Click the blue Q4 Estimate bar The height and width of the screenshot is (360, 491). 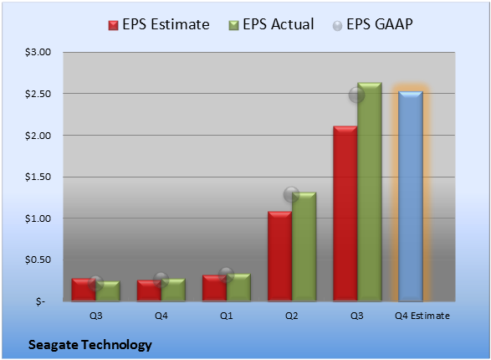tap(411, 196)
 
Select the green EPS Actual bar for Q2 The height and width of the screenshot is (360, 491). tap(304, 247)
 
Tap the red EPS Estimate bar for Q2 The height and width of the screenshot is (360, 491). tap(279, 256)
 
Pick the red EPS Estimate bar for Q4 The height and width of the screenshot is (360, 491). tap(149, 291)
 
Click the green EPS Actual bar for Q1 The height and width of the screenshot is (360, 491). tap(238, 287)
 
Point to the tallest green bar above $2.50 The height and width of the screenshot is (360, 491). tap(370, 192)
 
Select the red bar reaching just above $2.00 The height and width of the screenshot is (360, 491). tap(345, 213)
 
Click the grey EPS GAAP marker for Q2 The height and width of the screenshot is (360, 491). tap(292, 194)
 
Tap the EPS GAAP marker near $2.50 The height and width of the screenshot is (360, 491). tap(356, 95)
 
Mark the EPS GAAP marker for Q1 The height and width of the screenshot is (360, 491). tap(226, 275)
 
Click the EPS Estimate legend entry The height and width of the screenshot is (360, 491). tap(159, 24)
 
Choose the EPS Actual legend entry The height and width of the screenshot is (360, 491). tap(271, 24)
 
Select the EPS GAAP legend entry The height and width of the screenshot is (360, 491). tap(372, 24)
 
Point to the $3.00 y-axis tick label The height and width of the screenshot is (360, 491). tap(38, 52)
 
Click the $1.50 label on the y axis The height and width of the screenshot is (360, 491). tap(38, 177)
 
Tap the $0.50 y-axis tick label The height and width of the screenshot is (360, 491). tap(38, 260)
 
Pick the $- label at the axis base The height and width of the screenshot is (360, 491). tap(40, 301)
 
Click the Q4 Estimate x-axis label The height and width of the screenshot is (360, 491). tap(422, 316)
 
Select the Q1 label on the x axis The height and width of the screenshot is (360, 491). tap(226, 316)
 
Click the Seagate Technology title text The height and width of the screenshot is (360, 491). tap(90, 345)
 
